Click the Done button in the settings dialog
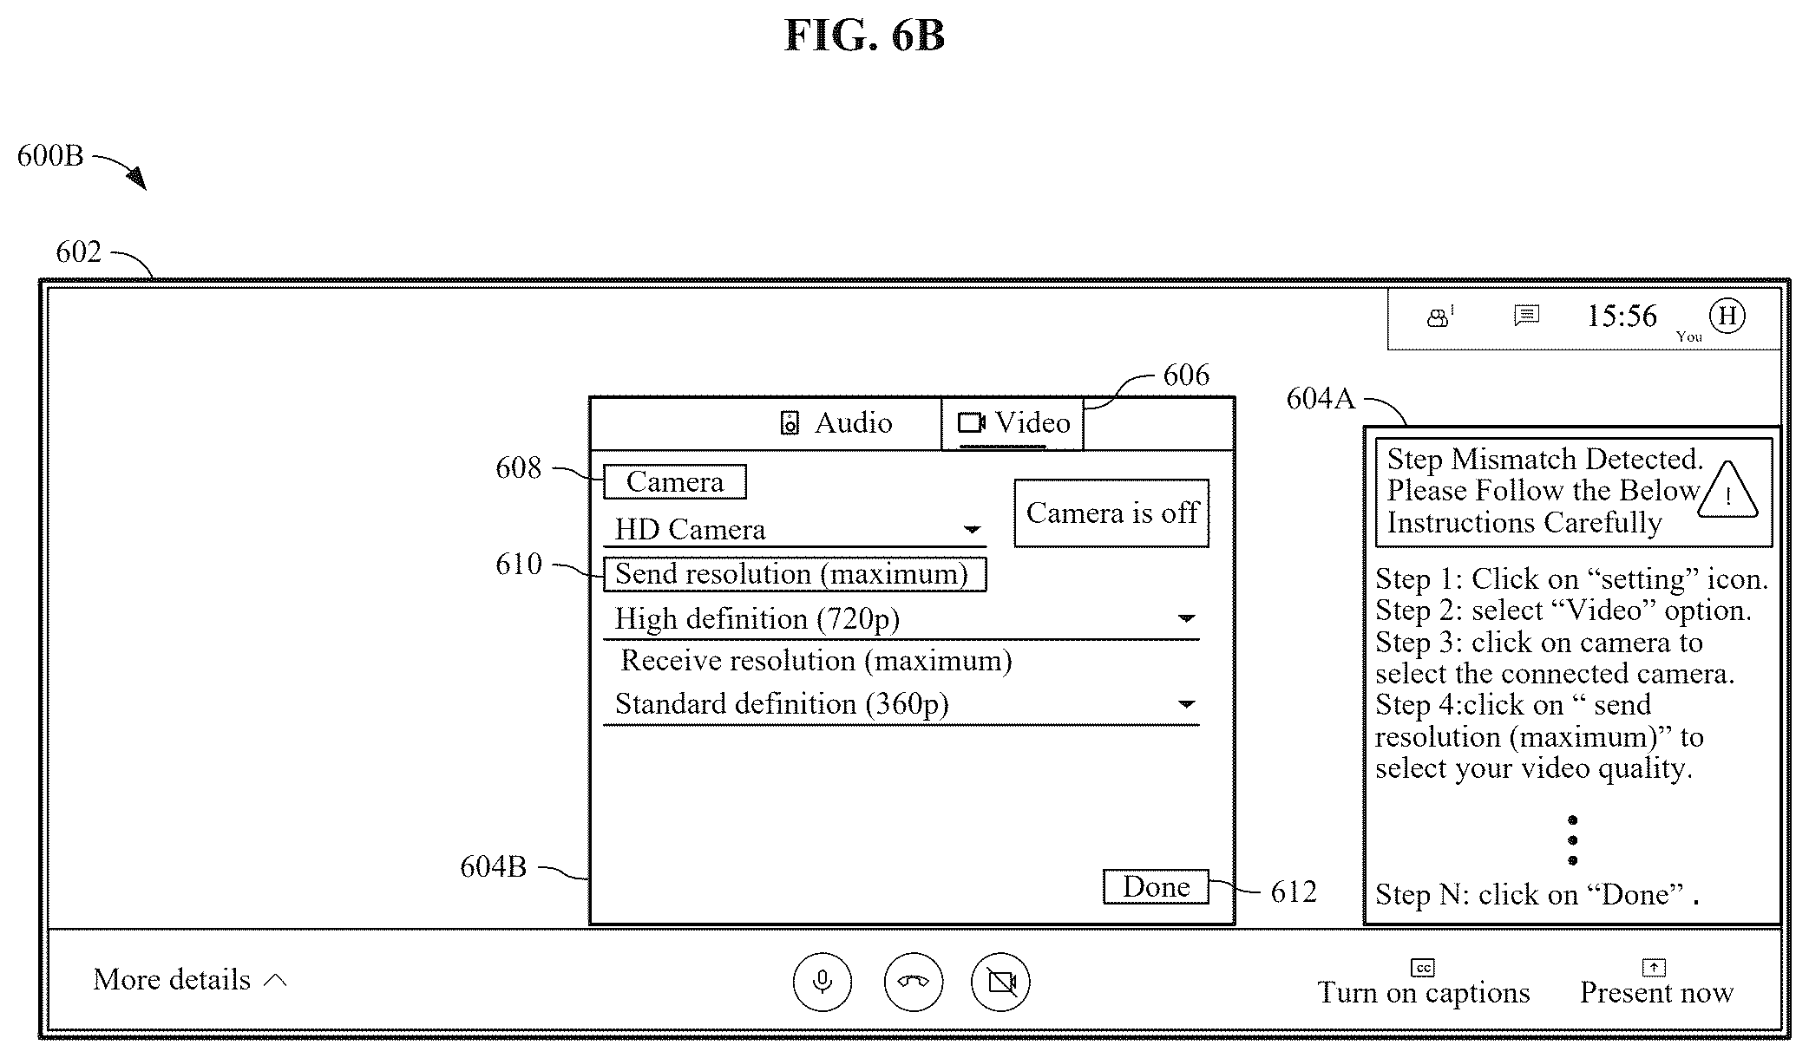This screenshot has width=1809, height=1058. pyautogui.click(x=1156, y=886)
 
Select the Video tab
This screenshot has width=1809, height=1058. pyautogui.click(x=1013, y=424)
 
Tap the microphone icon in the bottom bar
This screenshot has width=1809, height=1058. pyautogui.click(x=823, y=982)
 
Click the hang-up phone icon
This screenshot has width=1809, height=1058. pyautogui.click(x=914, y=982)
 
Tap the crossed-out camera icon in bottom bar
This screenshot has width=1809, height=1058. pyautogui.click(x=1001, y=982)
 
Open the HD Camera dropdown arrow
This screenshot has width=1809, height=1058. pyautogui.click(x=973, y=529)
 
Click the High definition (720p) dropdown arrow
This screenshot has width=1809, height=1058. pyautogui.click(x=1186, y=618)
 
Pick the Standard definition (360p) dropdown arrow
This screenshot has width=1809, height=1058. pyautogui.click(x=1186, y=703)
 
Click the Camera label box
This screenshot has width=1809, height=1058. pyautogui.click(x=675, y=481)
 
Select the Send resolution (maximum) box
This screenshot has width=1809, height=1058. pyautogui.click(x=795, y=574)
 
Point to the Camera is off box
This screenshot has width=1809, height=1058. pyautogui.click(x=1111, y=513)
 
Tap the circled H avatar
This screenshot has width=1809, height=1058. pyautogui.click(x=1727, y=316)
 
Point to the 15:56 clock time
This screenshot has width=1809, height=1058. pyautogui.click(x=1622, y=316)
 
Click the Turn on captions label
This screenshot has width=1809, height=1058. pyautogui.click(x=1424, y=991)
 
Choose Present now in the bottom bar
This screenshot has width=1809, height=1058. pyautogui.click(x=1656, y=991)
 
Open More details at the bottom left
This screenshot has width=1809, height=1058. pyautogui.click(x=189, y=979)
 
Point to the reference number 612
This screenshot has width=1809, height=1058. pyautogui.click(x=1294, y=891)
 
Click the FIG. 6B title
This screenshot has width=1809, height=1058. pyautogui.click(x=864, y=36)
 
